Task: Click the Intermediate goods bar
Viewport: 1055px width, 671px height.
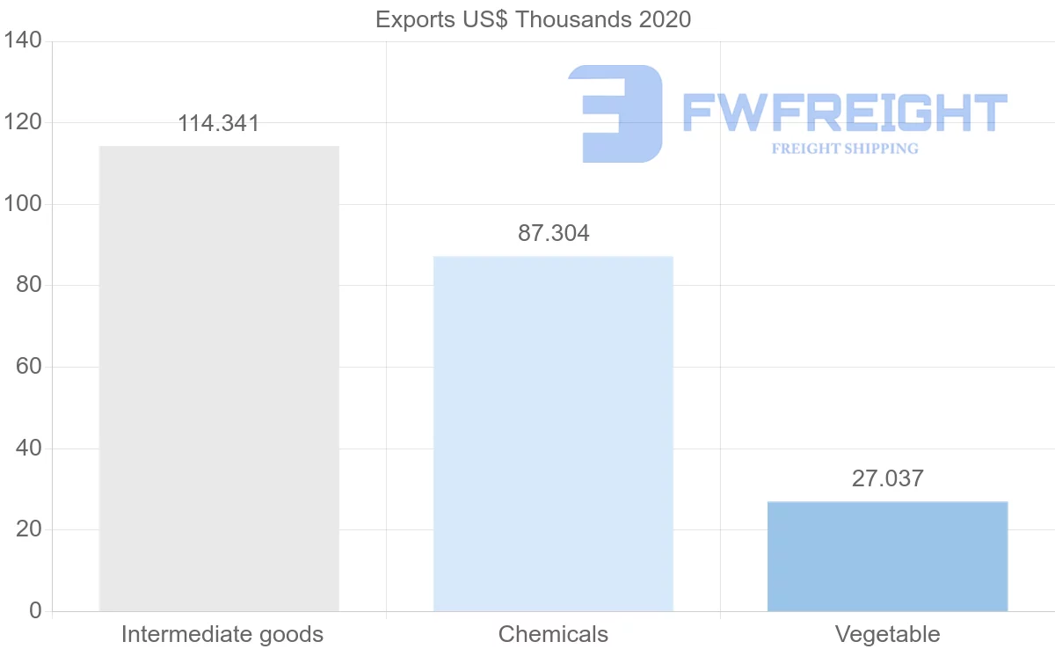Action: pos(219,378)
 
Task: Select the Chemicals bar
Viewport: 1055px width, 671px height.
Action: pos(553,434)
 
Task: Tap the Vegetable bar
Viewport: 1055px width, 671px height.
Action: pos(887,556)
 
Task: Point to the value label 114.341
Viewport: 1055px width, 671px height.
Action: pos(219,123)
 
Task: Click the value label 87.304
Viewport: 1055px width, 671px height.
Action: pos(553,234)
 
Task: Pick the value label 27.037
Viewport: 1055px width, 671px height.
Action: pos(887,479)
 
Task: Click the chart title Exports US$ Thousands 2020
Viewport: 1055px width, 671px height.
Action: pos(533,19)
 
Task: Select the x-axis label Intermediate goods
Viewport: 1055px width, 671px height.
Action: pos(222,634)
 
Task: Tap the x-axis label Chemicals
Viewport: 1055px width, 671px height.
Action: pos(553,634)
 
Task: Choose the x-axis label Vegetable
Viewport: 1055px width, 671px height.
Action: pos(887,634)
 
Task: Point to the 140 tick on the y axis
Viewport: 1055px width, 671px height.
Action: pos(23,41)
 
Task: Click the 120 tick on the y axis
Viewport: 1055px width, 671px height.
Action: pos(23,123)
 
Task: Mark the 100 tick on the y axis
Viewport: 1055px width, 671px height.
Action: pos(23,204)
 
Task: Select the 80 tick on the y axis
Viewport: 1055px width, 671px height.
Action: pos(29,286)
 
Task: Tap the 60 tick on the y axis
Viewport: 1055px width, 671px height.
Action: pos(29,367)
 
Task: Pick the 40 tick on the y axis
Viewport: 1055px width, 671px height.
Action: pos(29,449)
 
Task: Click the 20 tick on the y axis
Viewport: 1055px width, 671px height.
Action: pos(29,529)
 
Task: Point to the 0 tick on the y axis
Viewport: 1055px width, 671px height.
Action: pos(35,611)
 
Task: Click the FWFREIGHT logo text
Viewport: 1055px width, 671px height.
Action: pos(844,113)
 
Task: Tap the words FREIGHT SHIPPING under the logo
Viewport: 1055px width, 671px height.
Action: pos(844,149)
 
